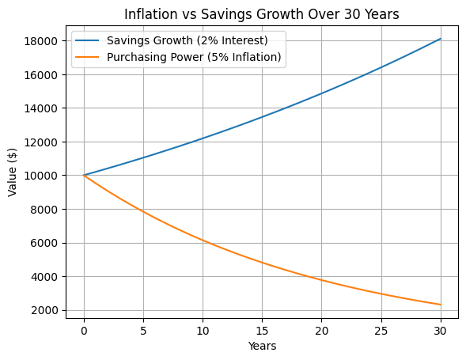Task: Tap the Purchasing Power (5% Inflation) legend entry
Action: coord(195,57)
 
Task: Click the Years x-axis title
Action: coord(263,346)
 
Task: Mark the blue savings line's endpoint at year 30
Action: coord(441,39)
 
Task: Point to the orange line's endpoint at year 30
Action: coord(441,305)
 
